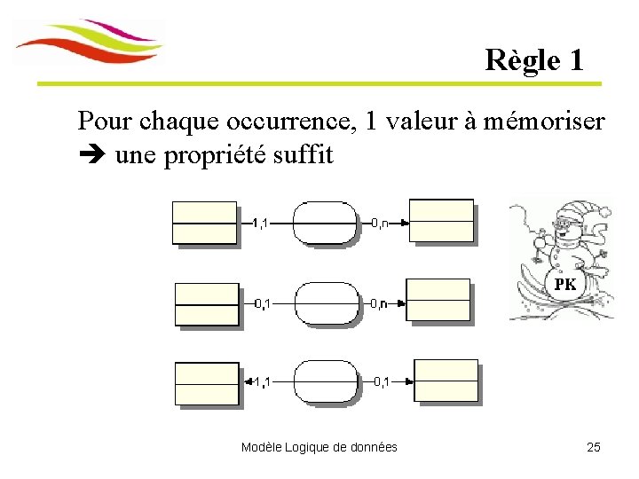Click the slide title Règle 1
[534, 60]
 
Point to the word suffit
[304, 155]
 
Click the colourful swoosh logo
[90, 43]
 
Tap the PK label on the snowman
[565, 285]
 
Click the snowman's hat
[581, 216]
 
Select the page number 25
[594, 447]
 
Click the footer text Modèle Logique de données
[319, 447]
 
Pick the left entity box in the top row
[205, 223]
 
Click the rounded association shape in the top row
[327, 223]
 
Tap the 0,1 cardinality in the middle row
[263, 303]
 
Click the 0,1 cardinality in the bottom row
[380, 382]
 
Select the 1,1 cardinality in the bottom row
[262, 382]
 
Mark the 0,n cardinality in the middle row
[378, 303]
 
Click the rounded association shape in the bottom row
[327, 381]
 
